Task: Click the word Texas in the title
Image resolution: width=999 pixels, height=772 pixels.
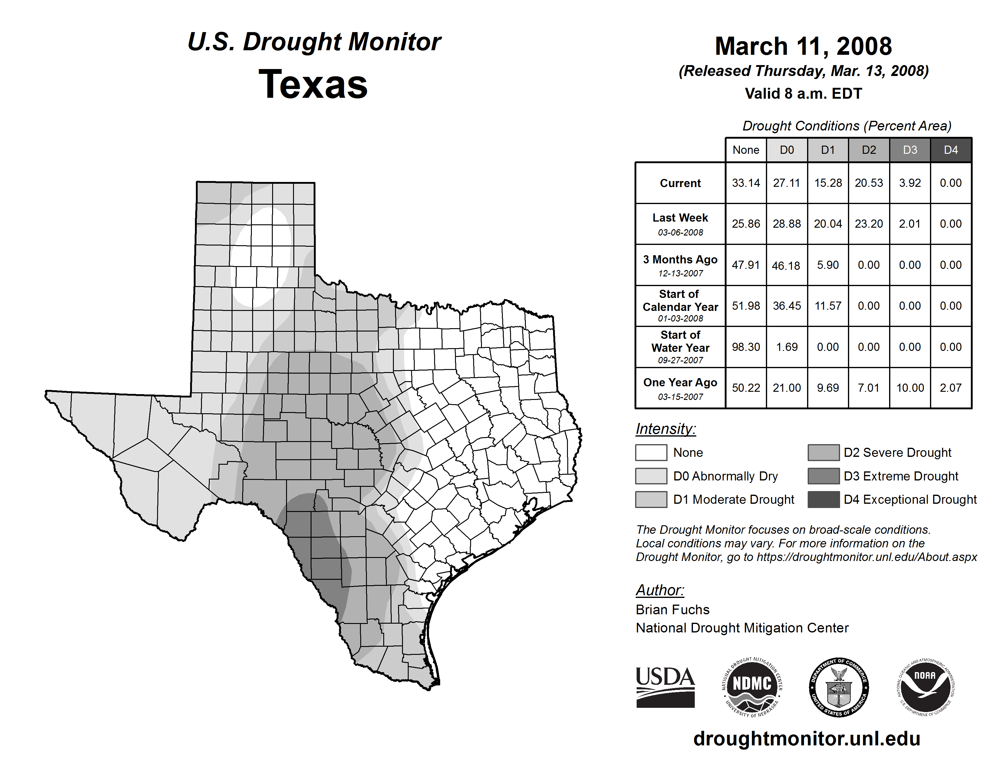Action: [x=313, y=84]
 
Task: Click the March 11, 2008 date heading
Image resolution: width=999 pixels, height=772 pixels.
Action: [x=803, y=46]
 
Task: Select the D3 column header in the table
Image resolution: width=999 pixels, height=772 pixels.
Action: [x=910, y=150]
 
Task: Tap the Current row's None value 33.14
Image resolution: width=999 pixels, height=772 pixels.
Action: [x=746, y=183]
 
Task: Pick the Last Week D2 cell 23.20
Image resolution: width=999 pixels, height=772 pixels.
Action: [x=869, y=224]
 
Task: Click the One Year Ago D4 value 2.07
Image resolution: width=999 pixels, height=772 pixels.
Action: [x=951, y=388]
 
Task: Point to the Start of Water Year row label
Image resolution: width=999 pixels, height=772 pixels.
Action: [x=680, y=347]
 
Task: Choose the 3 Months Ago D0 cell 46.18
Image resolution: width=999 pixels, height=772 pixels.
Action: [x=786, y=265]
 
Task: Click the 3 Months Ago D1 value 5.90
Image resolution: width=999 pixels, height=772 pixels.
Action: [x=827, y=265]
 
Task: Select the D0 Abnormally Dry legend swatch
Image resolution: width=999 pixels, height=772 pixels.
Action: [x=651, y=476]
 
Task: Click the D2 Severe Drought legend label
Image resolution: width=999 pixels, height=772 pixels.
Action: [x=897, y=452]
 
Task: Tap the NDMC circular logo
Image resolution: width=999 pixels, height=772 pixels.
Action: [x=752, y=687]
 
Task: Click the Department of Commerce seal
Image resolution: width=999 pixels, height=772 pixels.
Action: [x=839, y=687]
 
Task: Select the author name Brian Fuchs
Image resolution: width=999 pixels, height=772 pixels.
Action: [x=672, y=610]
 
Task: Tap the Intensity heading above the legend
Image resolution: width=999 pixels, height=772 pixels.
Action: [x=665, y=429]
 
